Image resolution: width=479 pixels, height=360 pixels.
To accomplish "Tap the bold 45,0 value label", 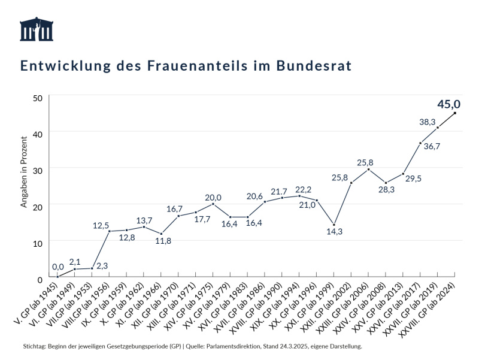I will click(x=448, y=104).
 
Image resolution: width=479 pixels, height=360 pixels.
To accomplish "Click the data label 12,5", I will click(x=101, y=226).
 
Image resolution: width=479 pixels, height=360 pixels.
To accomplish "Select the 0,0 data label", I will click(x=58, y=267).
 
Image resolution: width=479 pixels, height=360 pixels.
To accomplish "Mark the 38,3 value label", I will click(x=427, y=122).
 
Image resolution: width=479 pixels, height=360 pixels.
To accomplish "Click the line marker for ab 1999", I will click(x=334, y=225).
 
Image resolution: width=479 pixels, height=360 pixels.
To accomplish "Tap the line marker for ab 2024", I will click(x=455, y=113).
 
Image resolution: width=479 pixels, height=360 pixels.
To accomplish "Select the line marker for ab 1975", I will click(x=213, y=204).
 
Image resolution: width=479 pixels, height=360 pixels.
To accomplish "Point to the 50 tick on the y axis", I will click(x=38, y=98).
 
